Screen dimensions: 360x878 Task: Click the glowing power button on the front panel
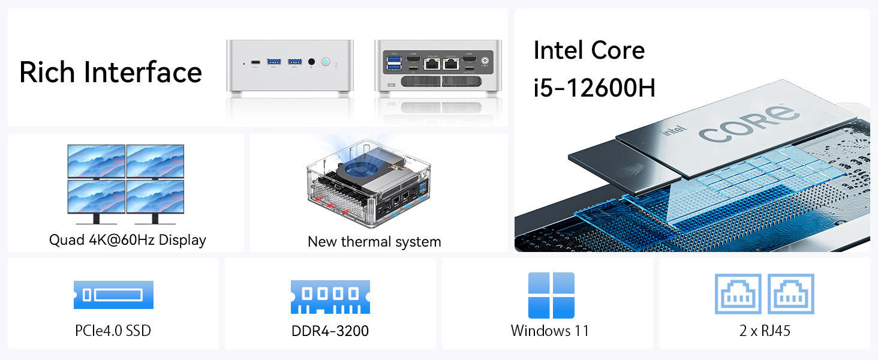coord(326,61)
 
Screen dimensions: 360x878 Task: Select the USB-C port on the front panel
coord(255,61)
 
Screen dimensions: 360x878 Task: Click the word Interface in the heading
coord(143,72)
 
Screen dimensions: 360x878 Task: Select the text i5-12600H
coord(594,88)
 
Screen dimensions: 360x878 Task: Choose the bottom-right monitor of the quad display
coord(155,196)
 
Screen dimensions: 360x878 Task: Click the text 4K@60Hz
coord(118,240)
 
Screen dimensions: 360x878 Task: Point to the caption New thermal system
coord(374,242)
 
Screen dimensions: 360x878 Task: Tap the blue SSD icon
coord(113,295)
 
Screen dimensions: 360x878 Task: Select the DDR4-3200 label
coord(330,331)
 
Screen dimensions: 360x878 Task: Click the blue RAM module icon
coord(330,296)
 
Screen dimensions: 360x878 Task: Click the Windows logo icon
coord(551,295)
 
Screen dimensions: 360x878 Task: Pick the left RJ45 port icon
coord(738,294)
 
